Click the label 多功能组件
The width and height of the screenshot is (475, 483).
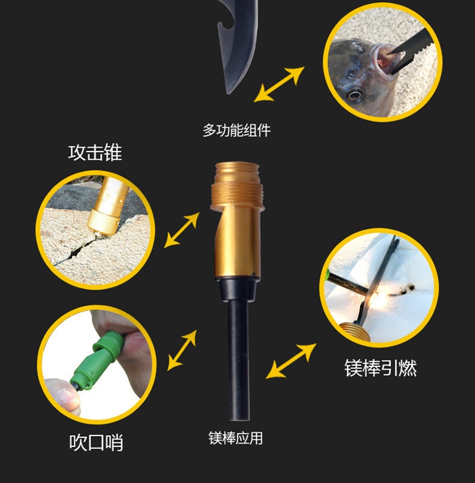[236, 131]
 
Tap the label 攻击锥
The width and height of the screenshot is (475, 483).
[95, 153]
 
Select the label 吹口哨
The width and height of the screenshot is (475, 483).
[96, 442]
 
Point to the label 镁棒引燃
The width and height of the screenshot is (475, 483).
[381, 368]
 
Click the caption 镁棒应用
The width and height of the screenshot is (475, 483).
[236, 438]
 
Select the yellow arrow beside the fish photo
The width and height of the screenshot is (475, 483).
[279, 84]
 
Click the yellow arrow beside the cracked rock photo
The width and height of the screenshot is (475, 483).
[182, 230]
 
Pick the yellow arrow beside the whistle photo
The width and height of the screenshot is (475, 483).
[182, 350]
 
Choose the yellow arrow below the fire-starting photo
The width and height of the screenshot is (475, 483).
[291, 361]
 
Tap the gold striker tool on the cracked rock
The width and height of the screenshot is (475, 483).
[107, 207]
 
